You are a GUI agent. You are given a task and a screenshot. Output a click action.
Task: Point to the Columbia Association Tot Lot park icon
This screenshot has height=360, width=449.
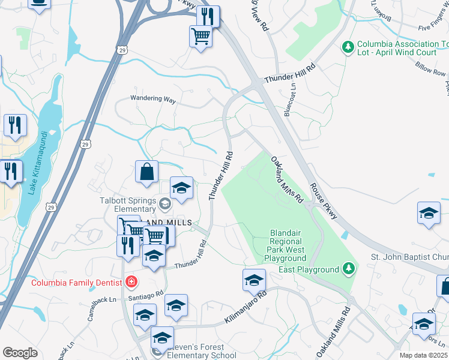347,46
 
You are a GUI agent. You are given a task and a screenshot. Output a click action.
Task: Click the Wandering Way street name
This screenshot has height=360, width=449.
154,100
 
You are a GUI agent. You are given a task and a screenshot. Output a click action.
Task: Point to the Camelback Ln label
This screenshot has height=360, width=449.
100,307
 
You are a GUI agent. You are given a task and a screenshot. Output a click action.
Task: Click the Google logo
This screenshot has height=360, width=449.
20,353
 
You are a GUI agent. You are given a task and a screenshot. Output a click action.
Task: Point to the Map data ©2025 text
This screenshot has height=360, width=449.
423,355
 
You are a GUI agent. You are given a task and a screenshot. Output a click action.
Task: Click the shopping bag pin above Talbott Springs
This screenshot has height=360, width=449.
146,173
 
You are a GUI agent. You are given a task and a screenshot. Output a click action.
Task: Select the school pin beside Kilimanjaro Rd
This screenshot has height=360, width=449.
255,281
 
